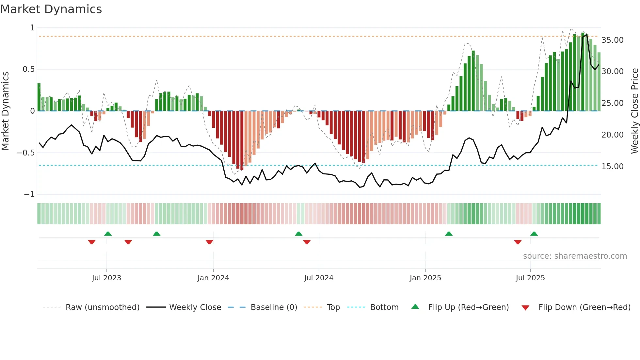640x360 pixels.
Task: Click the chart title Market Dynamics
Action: (51, 9)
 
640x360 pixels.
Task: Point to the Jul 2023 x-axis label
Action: (106, 278)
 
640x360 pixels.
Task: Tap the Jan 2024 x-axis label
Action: (213, 278)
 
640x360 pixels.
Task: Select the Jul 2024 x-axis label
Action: (319, 278)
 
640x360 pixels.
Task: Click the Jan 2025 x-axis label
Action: (425, 278)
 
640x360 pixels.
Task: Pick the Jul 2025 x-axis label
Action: (530, 278)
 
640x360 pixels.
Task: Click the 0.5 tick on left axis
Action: (28, 69)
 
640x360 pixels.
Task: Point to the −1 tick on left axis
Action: (29, 194)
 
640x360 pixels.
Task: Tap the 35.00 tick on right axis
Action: (612, 40)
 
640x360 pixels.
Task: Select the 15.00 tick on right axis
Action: (612, 167)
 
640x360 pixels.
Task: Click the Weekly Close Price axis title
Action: (634, 111)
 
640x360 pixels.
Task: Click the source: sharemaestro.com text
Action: (575, 256)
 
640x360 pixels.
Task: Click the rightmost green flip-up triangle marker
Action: (534, 234)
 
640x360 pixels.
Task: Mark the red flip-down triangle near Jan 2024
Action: (209, 242)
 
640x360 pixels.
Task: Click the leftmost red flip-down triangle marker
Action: (92, 242)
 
